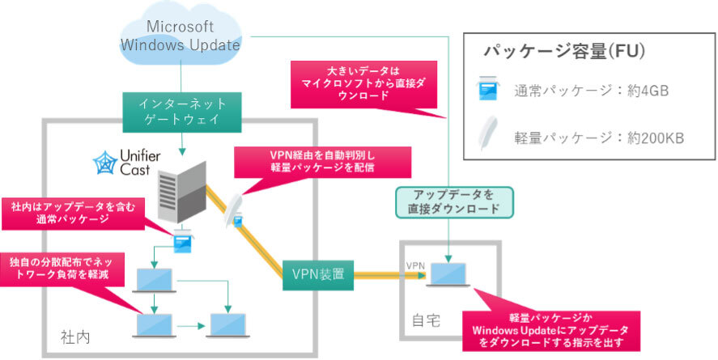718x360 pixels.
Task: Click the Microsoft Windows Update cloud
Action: [180, 34]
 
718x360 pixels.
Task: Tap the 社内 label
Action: [74, 335]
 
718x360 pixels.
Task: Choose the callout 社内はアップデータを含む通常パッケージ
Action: [70, 214]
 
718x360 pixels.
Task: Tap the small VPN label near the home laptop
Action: [415, 265]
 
